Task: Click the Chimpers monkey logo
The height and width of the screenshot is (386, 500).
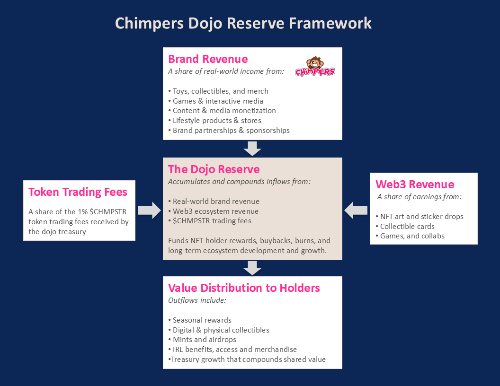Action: tap(315, 66)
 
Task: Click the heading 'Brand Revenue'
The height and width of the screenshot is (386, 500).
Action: tap(208, 59)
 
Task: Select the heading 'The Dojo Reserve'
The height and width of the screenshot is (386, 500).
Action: tap(214, 169)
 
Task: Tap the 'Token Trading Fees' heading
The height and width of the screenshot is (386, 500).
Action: tap(78, 192)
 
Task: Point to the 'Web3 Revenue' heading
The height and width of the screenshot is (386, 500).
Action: tap(415, 184)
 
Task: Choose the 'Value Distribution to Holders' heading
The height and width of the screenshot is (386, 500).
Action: tap(244, 288)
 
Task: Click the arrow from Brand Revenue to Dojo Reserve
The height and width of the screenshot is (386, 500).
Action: tap(252, 149)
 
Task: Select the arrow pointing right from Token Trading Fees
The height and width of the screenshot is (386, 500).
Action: tap(149, 210)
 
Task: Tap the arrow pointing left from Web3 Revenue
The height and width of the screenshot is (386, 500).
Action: tap(356, 210)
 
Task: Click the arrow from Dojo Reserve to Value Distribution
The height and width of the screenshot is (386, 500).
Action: tap(252, 268)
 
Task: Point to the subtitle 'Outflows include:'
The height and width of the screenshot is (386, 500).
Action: tap(197, 300)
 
